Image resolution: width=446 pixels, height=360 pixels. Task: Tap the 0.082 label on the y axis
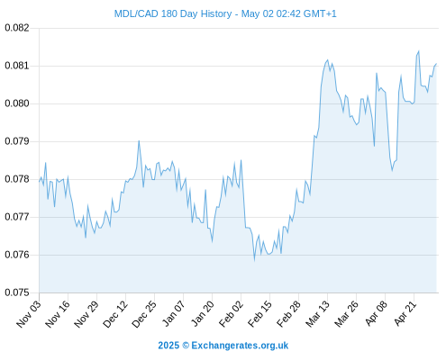[x=17, y=28]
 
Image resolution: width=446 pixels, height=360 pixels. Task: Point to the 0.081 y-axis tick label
[x=17, y=66]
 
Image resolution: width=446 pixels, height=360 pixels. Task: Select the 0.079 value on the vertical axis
[x=17, y=141]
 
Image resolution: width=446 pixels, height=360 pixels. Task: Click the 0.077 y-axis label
[x=17, y=217]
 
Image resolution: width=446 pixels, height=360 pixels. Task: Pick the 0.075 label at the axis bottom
[x=17, y=292]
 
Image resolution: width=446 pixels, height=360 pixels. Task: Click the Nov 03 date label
[x=29, y=314]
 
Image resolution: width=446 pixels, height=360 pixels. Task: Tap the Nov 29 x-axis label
[x=86, y=314]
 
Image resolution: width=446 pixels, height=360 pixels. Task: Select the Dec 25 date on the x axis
[x=144, y=314]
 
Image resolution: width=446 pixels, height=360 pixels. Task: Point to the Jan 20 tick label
[x=202, y=314]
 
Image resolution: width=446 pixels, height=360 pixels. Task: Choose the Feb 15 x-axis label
[x=259, y=314]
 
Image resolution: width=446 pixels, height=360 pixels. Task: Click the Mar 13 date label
[x=317, y=314]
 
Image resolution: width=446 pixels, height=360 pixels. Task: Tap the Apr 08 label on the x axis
[x=376, y=314]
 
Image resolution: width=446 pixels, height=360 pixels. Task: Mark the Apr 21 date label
[x=405, y=314]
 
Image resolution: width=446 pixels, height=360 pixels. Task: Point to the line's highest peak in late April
[x=419, y=51]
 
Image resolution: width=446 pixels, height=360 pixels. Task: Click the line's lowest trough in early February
[x=254, y=260]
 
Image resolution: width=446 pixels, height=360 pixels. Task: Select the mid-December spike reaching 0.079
[x=139, y=140]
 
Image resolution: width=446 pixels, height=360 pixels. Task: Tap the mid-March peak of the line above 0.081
[x=328, y=60]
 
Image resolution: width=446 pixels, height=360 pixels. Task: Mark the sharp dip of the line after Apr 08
[x=392, y=170]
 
